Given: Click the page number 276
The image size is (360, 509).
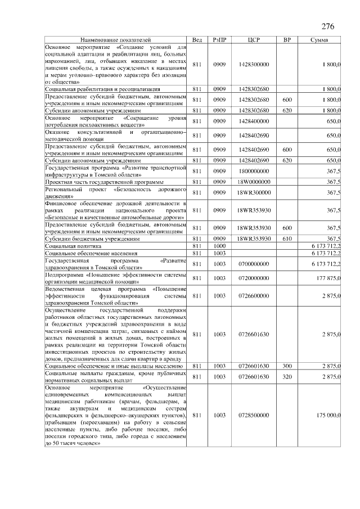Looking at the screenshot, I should [x=328, y=26].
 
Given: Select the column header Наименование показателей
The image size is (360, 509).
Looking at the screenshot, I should [x=115, y=40].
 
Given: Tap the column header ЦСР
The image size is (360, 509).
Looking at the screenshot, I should [x=253, y=40].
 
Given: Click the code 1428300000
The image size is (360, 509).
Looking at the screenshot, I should [x=253, y=65].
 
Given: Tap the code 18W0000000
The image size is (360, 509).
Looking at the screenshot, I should [x=253, y=182].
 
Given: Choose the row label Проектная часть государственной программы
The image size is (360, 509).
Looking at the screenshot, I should [x=104, y=182].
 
